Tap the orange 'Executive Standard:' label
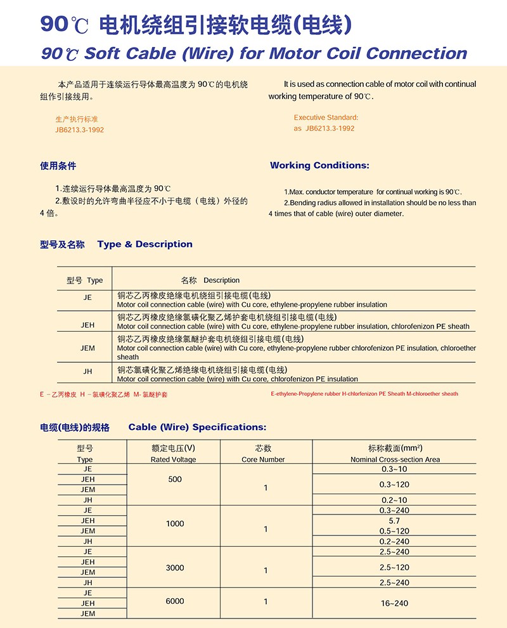click(x=326, y=117)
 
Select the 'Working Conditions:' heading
click(x=319, y=166)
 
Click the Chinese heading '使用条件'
click(x=58, y=166)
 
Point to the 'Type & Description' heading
click(x=145, y=244)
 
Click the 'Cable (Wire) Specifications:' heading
click(x=197, y=427)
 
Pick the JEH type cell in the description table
click(x=87, y=325)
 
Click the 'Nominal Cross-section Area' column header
click(x=395, y=459)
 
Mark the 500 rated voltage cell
click(x=175, y=480)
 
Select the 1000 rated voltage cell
click(x=175, y=524)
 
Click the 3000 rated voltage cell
click(x=175, y=568)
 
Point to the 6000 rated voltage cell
click(x=175, y=601)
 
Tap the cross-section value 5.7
click(x=394, y=521)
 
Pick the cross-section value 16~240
click(x=394, y=603)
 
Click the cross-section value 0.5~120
click(x=394, y=531)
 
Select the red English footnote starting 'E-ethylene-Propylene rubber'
click(x=364, y=394)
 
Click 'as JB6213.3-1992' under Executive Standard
click(x=324, y=128)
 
